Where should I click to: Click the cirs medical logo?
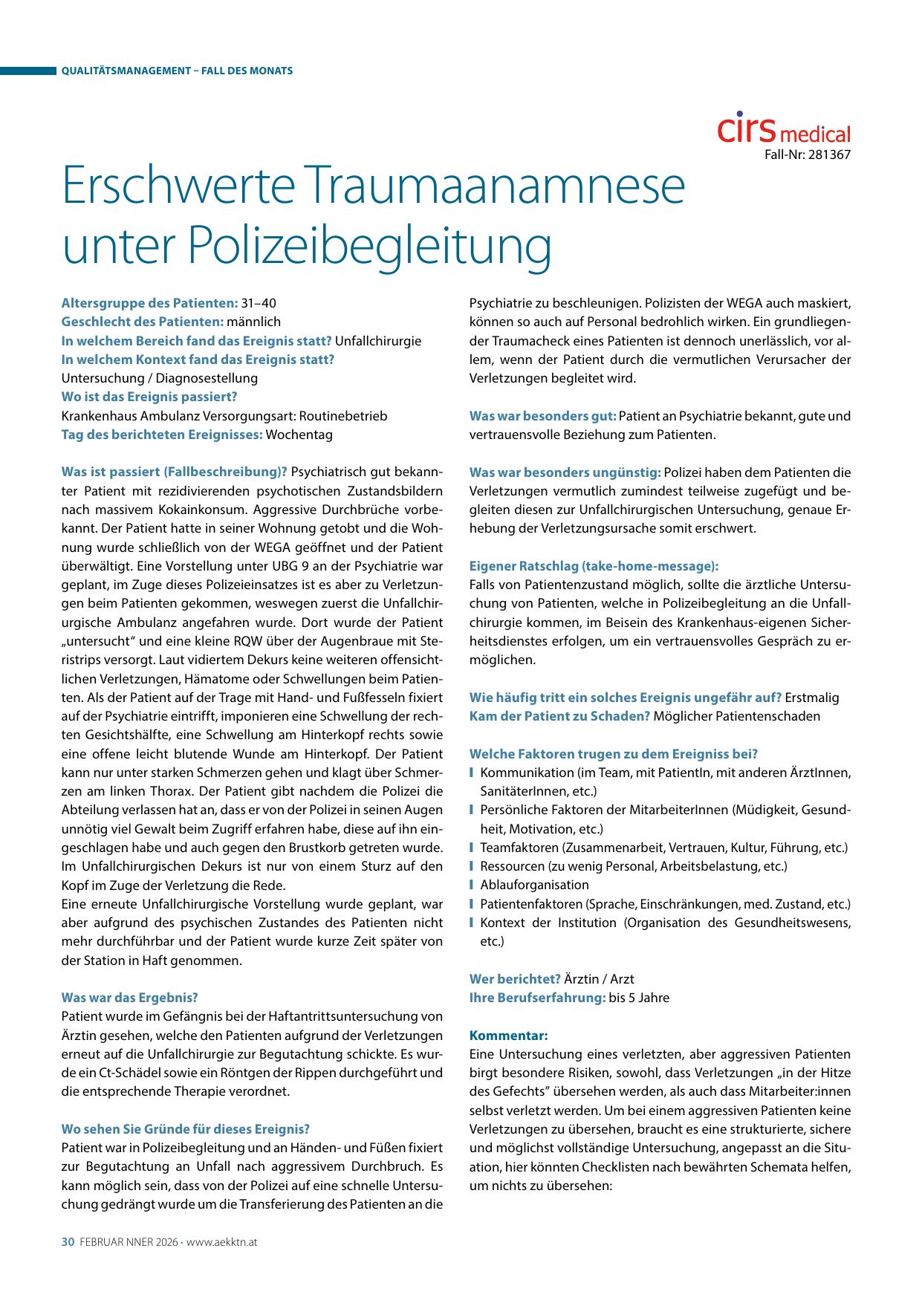pyautogui.click(x=784, y=129)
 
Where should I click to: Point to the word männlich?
pyautogui.click(x=254, y=322)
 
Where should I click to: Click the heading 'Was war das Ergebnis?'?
pyautogui.click(x=129, y=997)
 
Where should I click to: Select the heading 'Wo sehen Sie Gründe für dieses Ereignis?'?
pyautogui.click(x=185, y=1128)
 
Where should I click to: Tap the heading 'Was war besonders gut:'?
pyautogui.click(x=542, y=415)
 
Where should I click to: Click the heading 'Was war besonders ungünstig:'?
pyautogui.click(x=565, y=472)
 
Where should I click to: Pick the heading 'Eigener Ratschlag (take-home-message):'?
pyautogui.click(x=594, y=565)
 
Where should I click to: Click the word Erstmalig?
pyautogui.click(x=812, y=697)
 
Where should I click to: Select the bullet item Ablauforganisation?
pyautogui.click(x=534, y=885)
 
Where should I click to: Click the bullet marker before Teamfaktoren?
pyautogui.click(x=472, y=848)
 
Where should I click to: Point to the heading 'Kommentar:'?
pyautogui.click(x=508, y=1035)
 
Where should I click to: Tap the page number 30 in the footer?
pyautogui.click(x=68, y=1241)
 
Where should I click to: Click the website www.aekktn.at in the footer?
pyautogui.click(x=222, y=1241)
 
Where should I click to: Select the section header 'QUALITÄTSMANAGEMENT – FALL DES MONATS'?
pyautogui.click(x=177, y=71)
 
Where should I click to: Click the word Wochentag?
pyautogui.click(x=299, y=434)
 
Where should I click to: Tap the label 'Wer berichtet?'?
pyautogui.click(x=515, y=978)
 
